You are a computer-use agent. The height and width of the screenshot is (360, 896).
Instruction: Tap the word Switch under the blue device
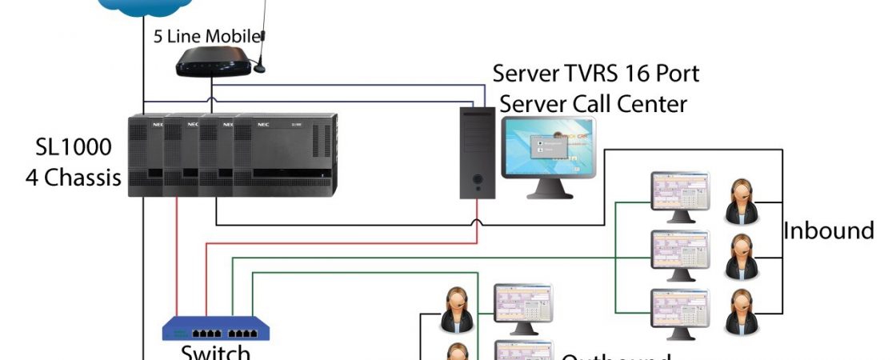(216, 352)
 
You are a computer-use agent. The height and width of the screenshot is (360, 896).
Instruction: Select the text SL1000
(74, 148)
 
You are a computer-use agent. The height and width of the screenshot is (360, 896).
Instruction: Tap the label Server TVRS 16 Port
(596, 74)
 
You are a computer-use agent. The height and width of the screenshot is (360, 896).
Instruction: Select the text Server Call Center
(594, 103)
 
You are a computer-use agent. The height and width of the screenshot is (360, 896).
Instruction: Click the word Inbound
(828, 231)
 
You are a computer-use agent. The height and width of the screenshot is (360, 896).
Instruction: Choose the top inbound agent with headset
(740, 202)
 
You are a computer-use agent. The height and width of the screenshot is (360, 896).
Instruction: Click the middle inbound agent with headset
(740, 257)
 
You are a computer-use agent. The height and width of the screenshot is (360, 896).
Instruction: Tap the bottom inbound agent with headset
(740, 313)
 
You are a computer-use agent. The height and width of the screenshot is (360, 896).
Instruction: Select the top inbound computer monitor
(680, 194)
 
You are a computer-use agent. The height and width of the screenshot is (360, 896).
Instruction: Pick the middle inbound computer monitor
(680, 252)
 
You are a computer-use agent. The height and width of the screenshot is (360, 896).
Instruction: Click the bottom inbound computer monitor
(680, 310)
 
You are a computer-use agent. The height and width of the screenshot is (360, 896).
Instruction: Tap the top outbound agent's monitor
(523, 304)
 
